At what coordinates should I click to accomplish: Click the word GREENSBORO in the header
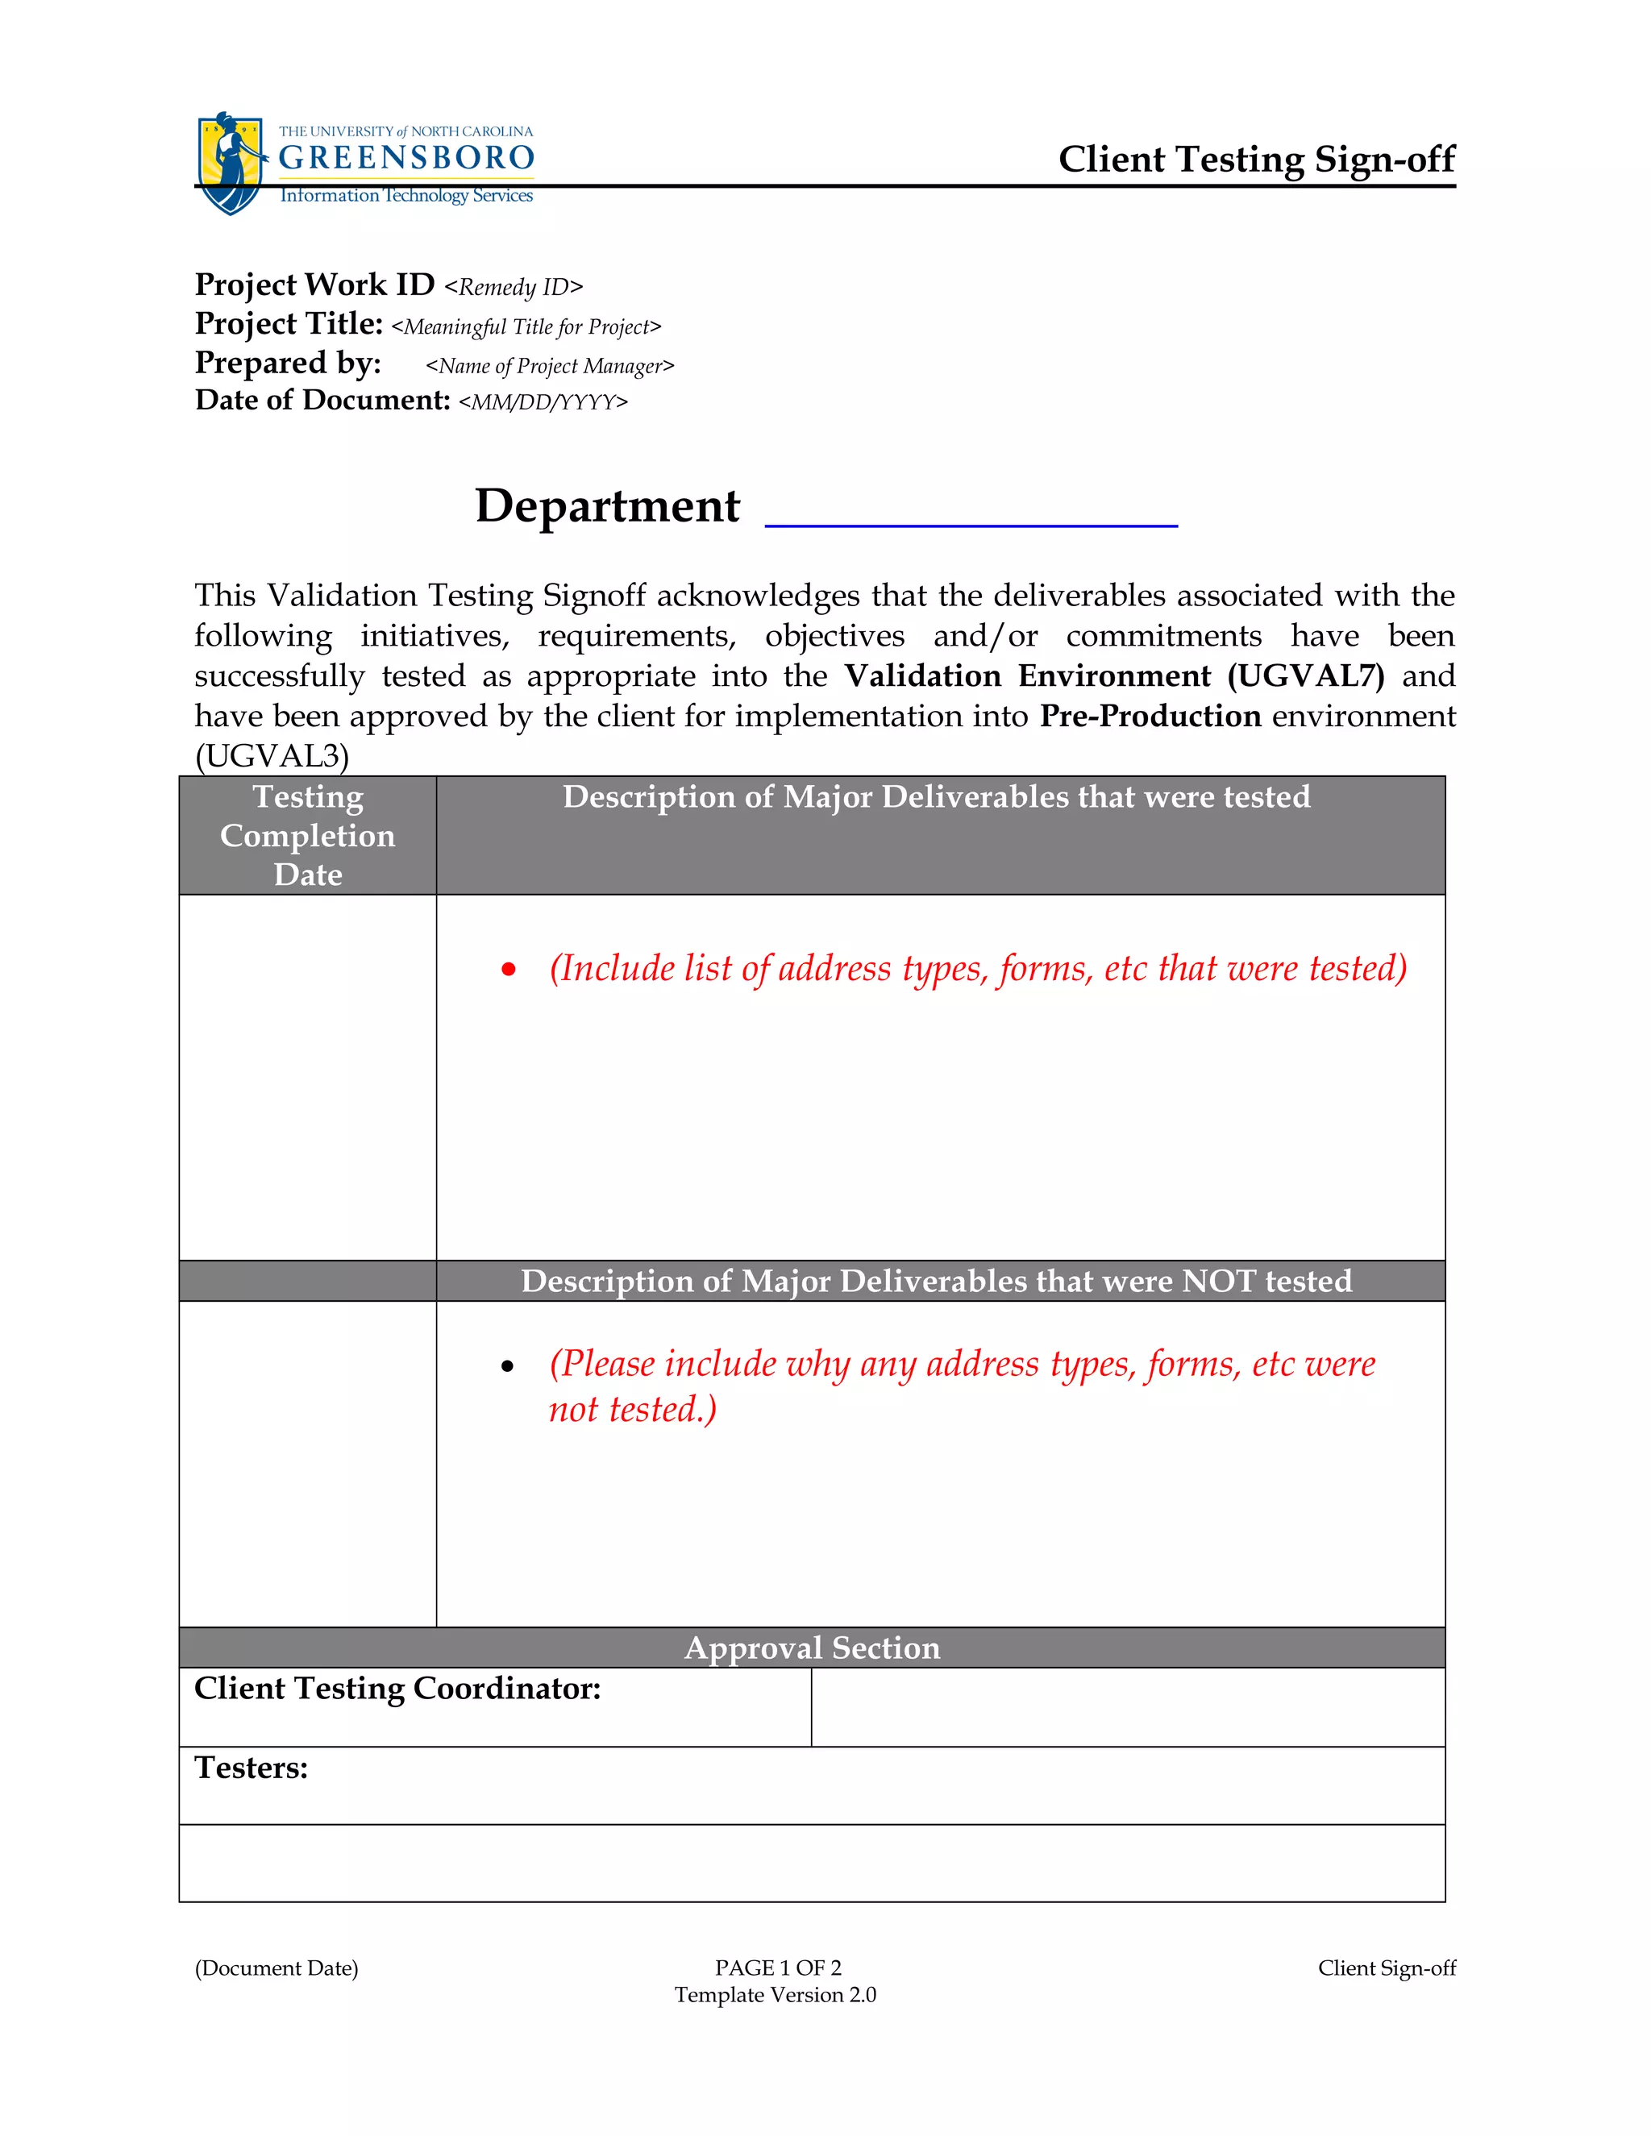point(406,157)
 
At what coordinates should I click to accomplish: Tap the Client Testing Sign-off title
point(1256,160)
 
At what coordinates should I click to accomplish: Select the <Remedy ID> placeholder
point(514,288)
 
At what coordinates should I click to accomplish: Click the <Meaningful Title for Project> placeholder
point(526,326)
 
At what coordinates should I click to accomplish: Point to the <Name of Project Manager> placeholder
point(550,366)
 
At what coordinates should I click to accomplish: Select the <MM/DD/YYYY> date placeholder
point(543,402)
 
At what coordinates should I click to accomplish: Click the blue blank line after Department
point(971,523)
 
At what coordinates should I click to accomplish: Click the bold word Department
point(607,505)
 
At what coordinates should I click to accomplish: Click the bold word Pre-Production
point(1150,716)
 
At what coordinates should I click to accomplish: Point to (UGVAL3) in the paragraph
point(272,756)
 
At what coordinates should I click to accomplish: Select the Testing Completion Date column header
point(307,835)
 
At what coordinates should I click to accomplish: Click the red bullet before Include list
point(508,969)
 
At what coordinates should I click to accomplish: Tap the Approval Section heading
point(812,1648)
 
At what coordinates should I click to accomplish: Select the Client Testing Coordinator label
point(397,1689)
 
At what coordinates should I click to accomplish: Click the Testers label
point(252,1768)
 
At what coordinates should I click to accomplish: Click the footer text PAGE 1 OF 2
point(778,1968)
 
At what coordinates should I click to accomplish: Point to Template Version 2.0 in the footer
point(775,1995)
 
